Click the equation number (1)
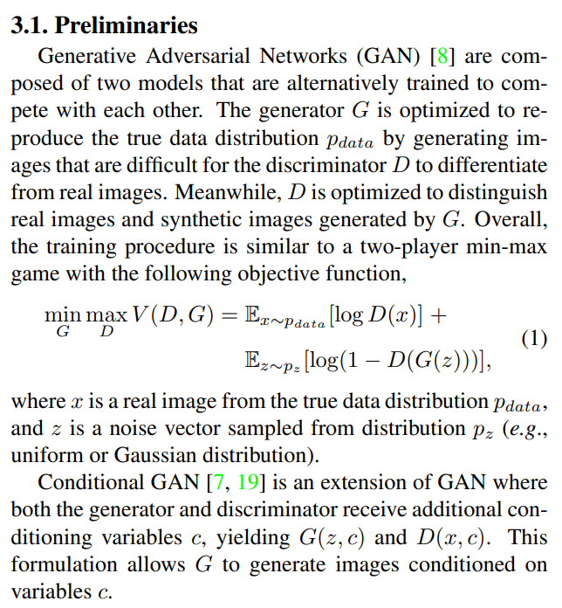(x=533, y=340)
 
